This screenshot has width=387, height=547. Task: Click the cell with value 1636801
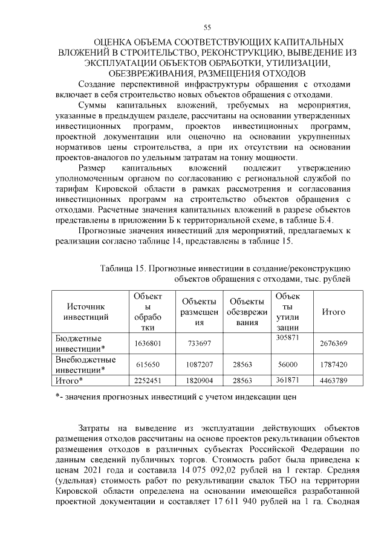click(148, 343)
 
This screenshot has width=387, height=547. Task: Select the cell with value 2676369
click(333, 343)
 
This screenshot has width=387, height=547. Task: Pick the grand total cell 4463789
click(333, 381)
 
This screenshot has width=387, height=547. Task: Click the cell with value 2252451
click(148, 381)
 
